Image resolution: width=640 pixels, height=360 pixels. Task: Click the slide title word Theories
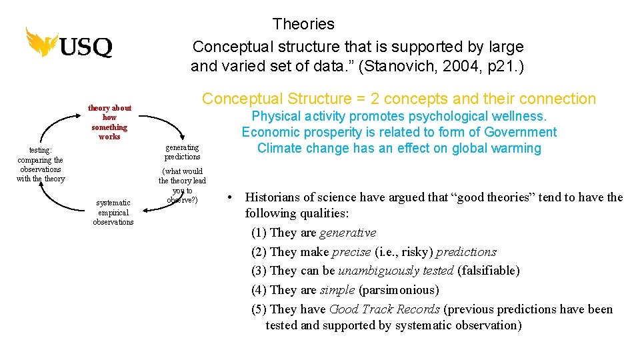pos(303,25)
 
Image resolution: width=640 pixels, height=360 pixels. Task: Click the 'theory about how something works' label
pos(109,122)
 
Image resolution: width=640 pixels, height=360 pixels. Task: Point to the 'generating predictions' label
pos(182,152)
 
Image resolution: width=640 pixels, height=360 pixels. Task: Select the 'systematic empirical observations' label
pos(113,212)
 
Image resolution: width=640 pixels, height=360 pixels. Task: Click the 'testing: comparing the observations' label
pos(40,165)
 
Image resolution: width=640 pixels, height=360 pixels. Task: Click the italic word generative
pos(347,233)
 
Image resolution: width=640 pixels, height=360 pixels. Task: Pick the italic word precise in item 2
pos(351,252)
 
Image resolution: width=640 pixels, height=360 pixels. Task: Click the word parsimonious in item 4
pos(399,290)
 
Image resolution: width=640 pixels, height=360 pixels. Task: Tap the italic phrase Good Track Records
pos(384,309)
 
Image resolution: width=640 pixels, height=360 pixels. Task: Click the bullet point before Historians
pos(229,197)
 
